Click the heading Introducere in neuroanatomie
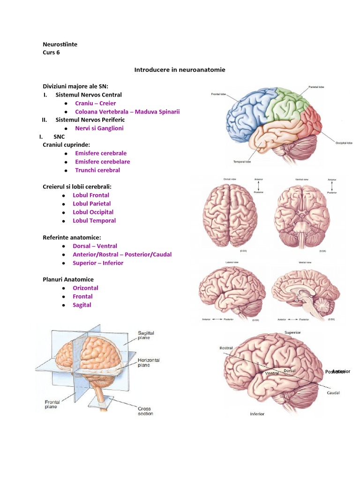[180, 70]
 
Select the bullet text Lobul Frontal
[91, 195]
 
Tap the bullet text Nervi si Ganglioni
[99, 128]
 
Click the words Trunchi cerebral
[97, 170]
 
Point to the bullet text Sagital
[82, 305]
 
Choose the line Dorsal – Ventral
[95, 246]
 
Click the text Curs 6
[51, 52]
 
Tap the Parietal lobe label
[315, 87]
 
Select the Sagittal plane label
[146, 336]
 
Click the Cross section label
[145, 411]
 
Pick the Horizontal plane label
[149, 362]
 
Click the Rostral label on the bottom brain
[226, 348]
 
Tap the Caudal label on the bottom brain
[333, 393]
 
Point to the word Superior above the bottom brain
[292, 332]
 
